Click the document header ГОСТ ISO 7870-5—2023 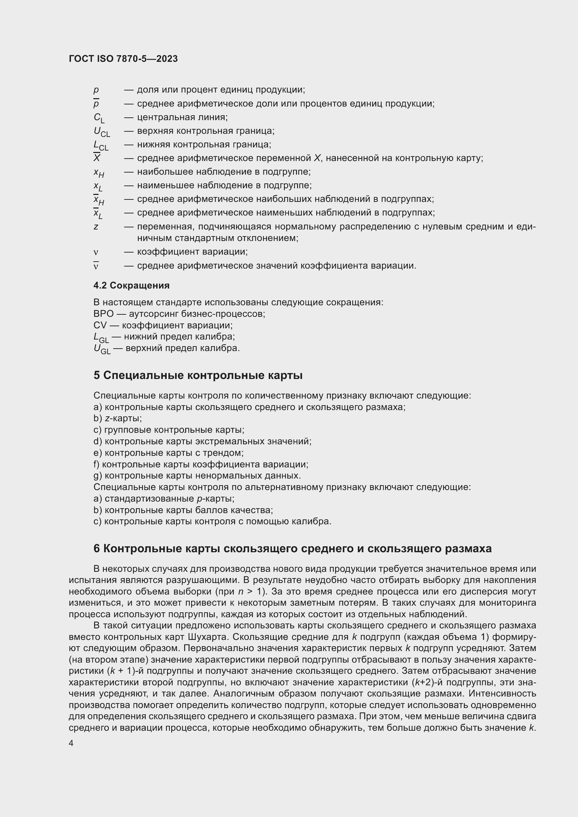[123, 59]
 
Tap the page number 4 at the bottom [71, 743]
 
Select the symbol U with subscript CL [101, 132]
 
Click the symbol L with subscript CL [101, 145]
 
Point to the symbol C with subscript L [99, 118]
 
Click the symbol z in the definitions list [96, 227]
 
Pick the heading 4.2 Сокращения [131, 285]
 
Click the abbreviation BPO [103, 314]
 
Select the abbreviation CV [100, 325]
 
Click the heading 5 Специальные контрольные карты [198, 375]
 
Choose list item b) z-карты [117, 418]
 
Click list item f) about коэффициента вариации [201, 464]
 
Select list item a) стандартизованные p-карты [164, 498]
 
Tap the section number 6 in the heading [97, 548]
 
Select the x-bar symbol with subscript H [98, 200]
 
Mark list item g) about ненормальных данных [197, 476]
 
